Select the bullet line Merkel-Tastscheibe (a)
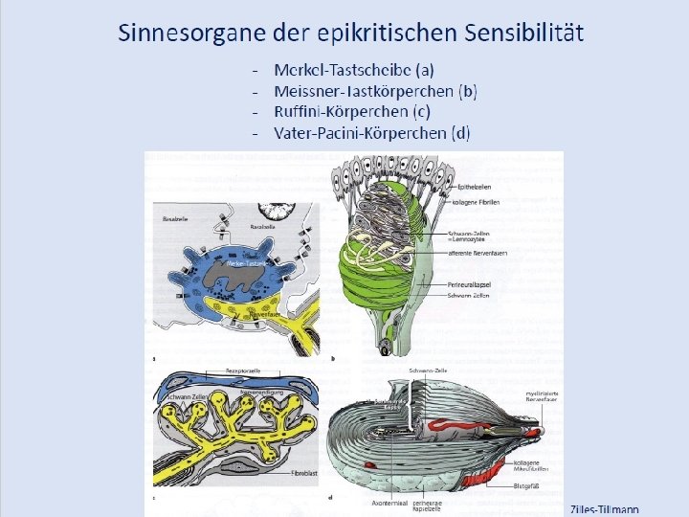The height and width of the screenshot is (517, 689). (x=354, y=70)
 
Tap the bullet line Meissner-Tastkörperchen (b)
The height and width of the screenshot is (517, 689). (x=375, y=91)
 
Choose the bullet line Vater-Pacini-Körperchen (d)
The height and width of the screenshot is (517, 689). (x=371, y=133)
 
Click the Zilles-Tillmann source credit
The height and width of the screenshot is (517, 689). (x=605, y=509)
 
